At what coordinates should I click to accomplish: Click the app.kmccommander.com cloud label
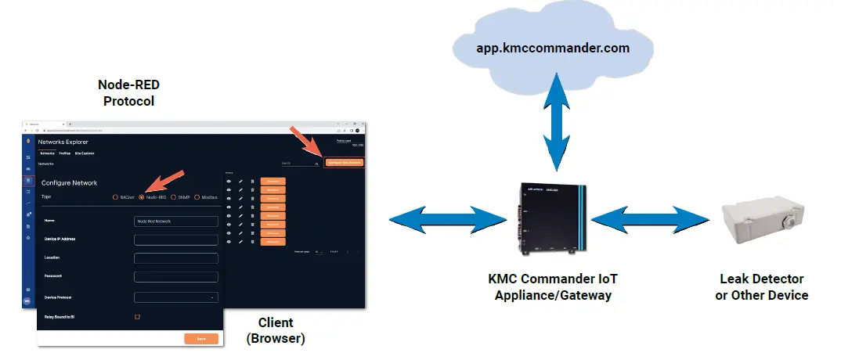553,48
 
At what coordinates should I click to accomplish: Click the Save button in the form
201,339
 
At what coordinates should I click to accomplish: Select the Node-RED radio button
142,197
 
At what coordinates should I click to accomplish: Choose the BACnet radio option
116,197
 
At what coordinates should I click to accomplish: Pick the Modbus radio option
197,197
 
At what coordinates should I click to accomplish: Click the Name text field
176,221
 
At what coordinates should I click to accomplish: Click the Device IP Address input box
176,239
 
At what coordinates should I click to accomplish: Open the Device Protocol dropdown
176,297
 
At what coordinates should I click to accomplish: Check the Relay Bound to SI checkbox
137,317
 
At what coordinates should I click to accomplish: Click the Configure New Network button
345,163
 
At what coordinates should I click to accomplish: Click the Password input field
176,276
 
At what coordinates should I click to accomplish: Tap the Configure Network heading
69,182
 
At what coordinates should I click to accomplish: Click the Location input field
176,258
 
